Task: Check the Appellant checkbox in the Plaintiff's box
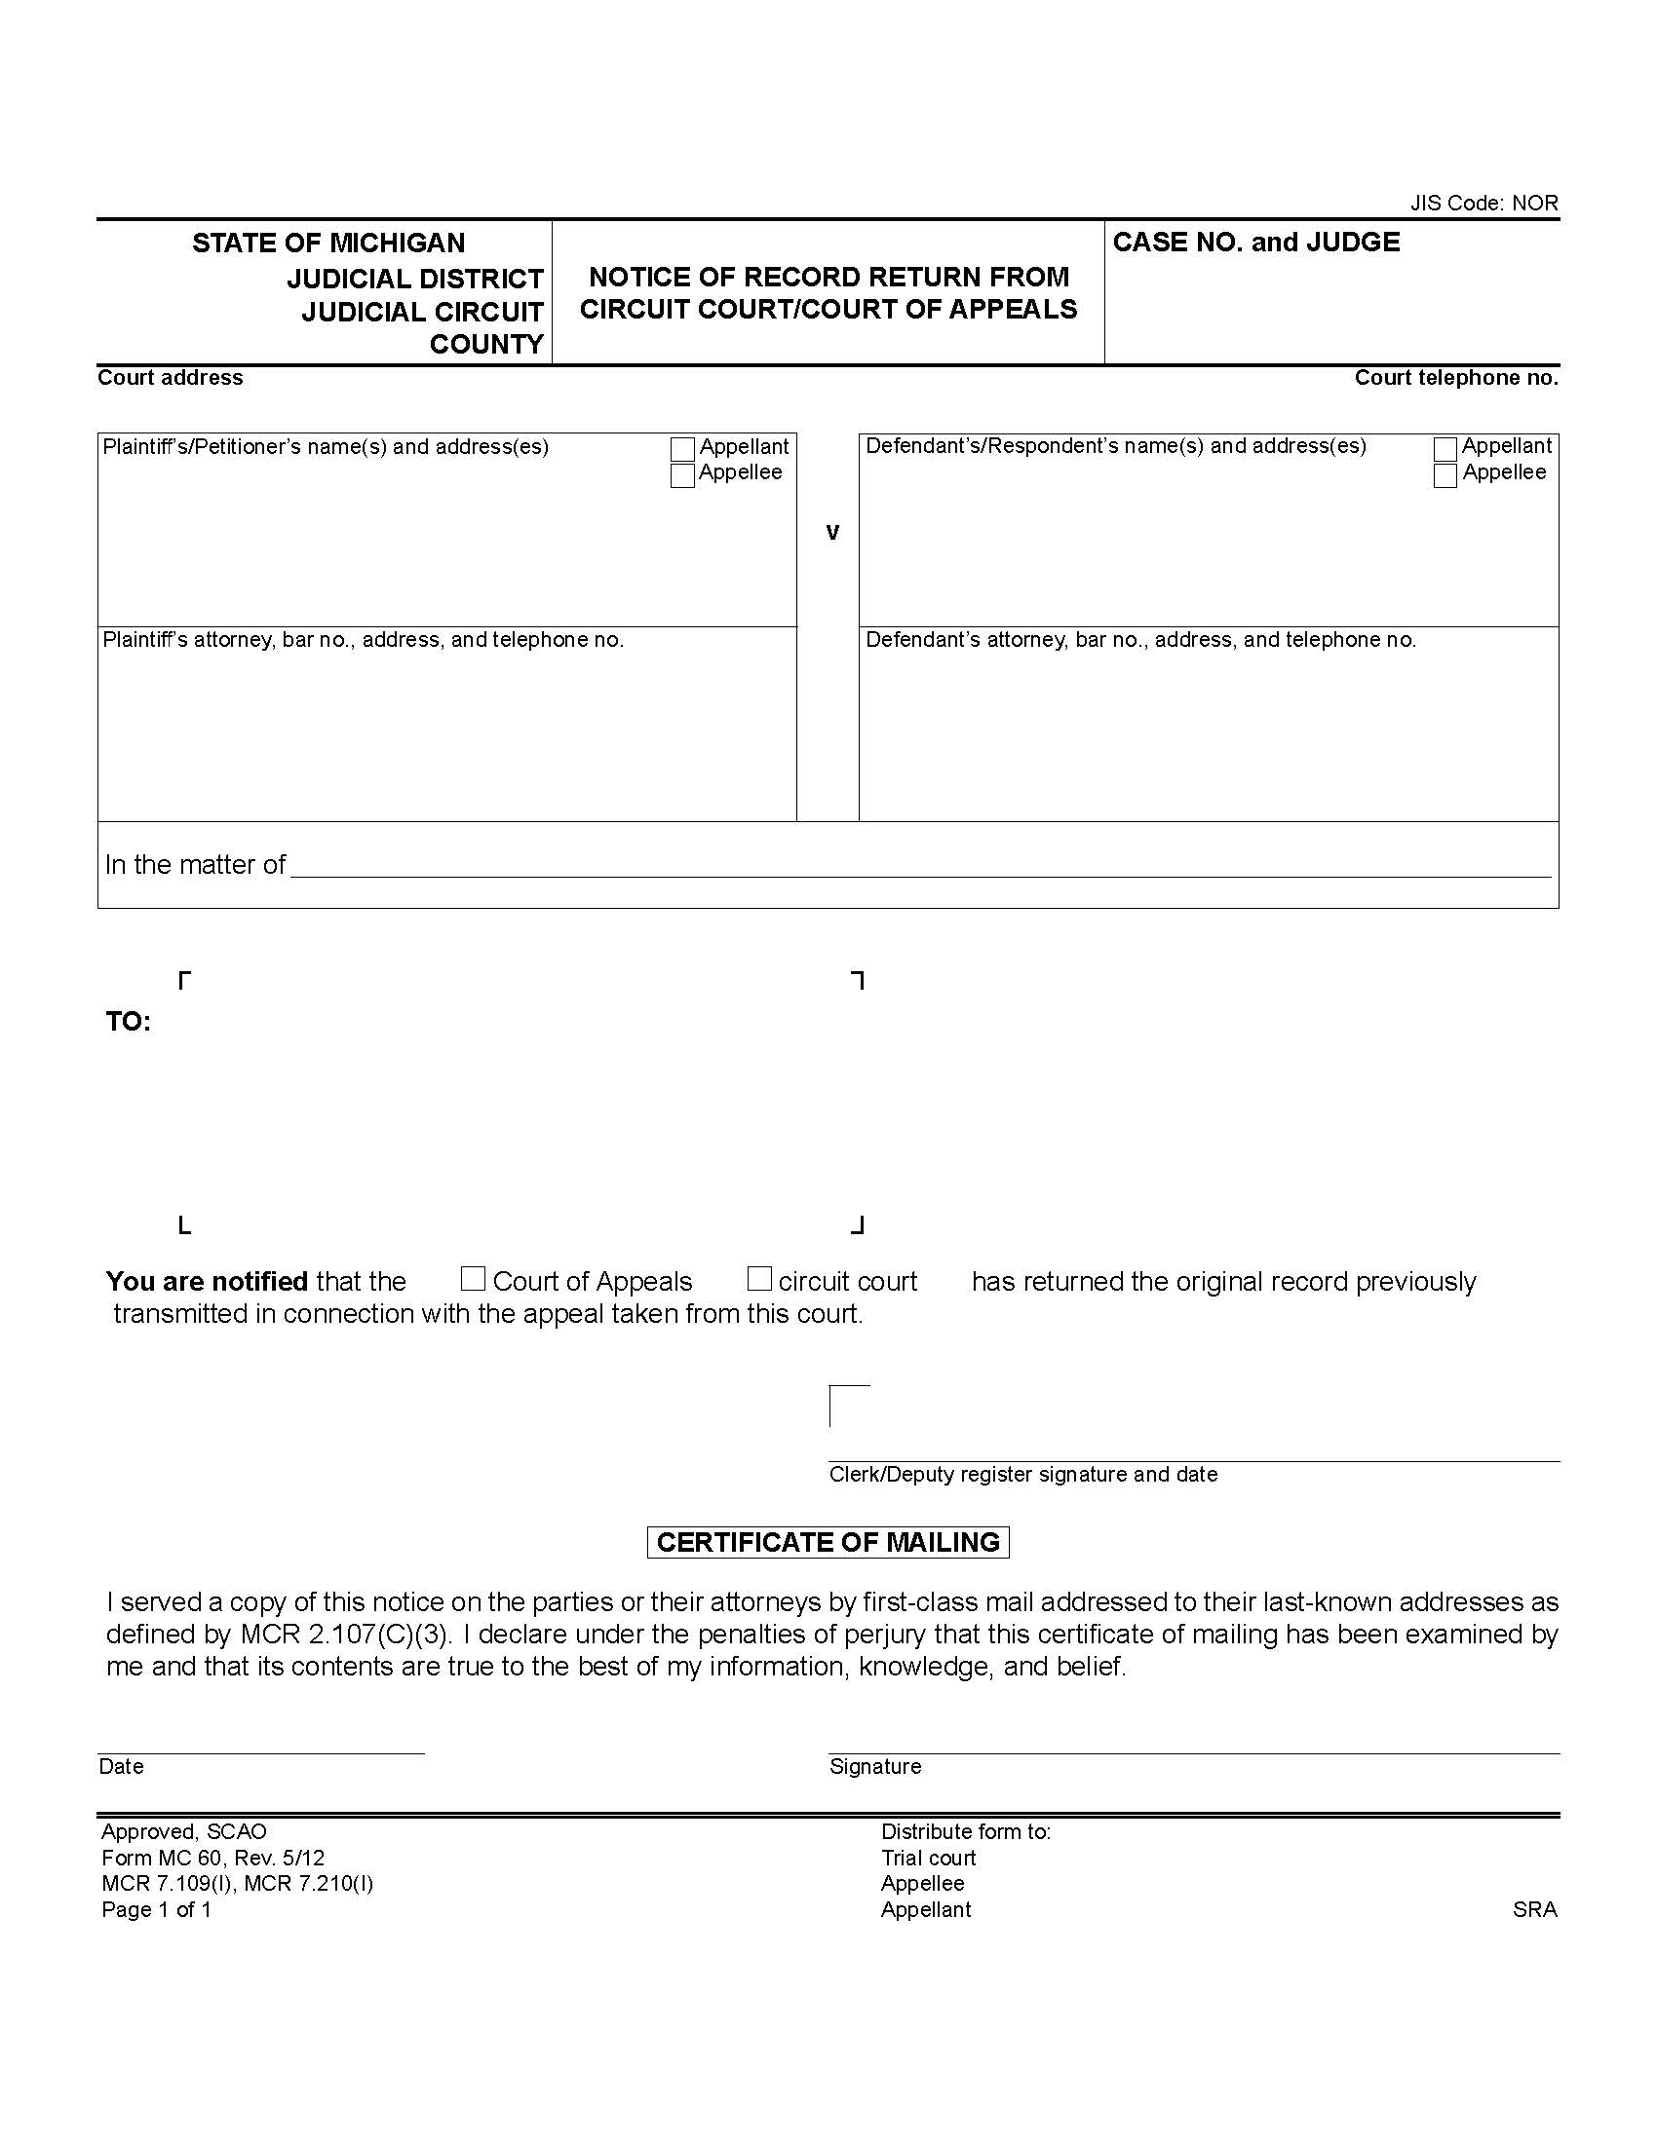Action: click(x=682, y=449)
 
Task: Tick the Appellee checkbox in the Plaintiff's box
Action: click(x=682, y=476)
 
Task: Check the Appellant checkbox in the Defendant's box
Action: click(x=1445, y=449)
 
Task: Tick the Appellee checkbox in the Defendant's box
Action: click(x=1445, y=476)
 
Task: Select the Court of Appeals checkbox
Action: click(x=473, y=1279)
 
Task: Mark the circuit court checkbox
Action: click(x=758, y=1279)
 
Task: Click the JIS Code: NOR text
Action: click(x=1484, y=204)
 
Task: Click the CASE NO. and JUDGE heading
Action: click(x=1255, y=243)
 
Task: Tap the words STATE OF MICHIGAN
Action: click(x=328, y=243)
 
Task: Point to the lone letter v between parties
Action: click(x=832, y=533)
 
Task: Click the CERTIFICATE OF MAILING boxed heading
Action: click(x=828, y=1543)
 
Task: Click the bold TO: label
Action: click(x=128, y=1023)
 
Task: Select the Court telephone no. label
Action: click(x=1456, y=378)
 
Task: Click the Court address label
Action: click(x=170, y=378)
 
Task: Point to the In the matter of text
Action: click(x=194, y=864)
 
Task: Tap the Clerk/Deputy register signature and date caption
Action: click(x=1022, y=1474)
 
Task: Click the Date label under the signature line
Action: click(x=122, y=1766)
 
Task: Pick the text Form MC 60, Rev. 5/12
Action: click(x=213, y=1858)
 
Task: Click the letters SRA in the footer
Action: click(x=1534, y=1909)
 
